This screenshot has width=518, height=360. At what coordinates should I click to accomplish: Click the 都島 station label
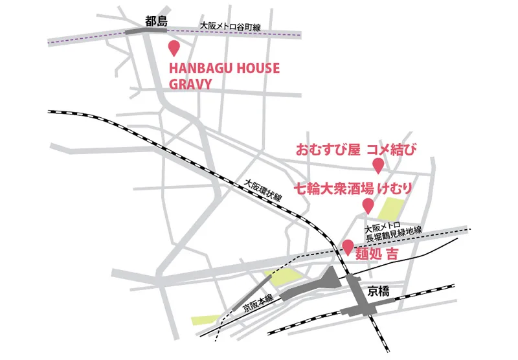157,21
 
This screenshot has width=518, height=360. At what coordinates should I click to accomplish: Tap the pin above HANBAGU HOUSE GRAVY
174,48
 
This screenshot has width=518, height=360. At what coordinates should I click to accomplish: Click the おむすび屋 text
328,151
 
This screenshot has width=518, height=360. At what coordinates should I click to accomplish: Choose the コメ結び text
390,151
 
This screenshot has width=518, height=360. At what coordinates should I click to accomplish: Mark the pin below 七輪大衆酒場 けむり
368,207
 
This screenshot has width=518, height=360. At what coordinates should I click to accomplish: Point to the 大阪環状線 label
263,192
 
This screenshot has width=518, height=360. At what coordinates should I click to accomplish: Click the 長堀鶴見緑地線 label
393,235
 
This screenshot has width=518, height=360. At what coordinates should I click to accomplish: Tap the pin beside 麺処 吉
348,247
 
